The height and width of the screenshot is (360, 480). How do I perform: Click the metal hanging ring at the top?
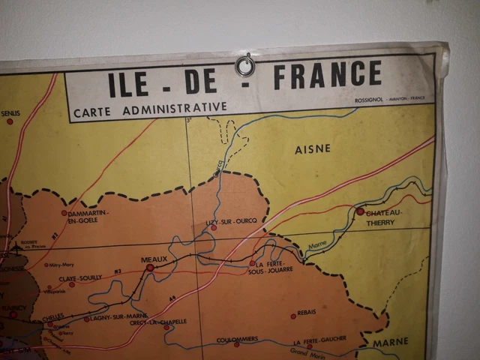(x=245, y=66)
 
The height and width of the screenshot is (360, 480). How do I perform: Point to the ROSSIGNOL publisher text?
(x=372, y=97)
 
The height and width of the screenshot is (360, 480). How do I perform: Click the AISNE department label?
(x=313, y=148)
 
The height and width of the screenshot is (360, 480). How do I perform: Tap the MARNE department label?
(x=392, y=342)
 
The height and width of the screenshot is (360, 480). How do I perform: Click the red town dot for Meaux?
(x=150, y=267)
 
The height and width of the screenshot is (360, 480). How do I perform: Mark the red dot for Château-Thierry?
(x=360, y=211)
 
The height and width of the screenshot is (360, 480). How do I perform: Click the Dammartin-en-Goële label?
(x=88, y=217)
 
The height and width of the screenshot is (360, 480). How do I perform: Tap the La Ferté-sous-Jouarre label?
(x=276, y=268)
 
